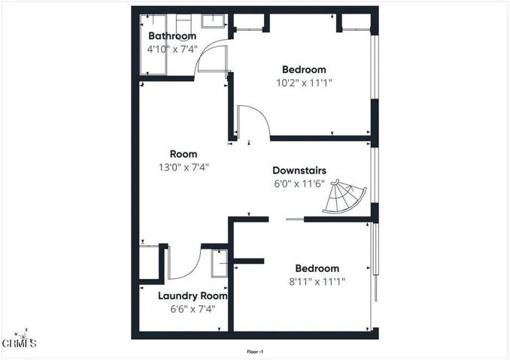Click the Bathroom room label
pyautogui.click(x=172, y=36)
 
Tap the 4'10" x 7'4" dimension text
pyautogui.click(x=172, y=50)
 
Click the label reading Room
pyautogui.click(x=184, y=154)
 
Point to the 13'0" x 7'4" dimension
pyautogui.click(x=184, y=168)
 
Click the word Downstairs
pyautogui.click(x=299, y=170)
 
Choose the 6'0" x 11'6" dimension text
pyautogui.click(x=299, y=183)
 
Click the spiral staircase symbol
pyautogui.click(x=345, y=197)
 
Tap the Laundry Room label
pyautogui.click(x=193, y=295)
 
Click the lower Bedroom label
pyautogui.click(x=317, y=268)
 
